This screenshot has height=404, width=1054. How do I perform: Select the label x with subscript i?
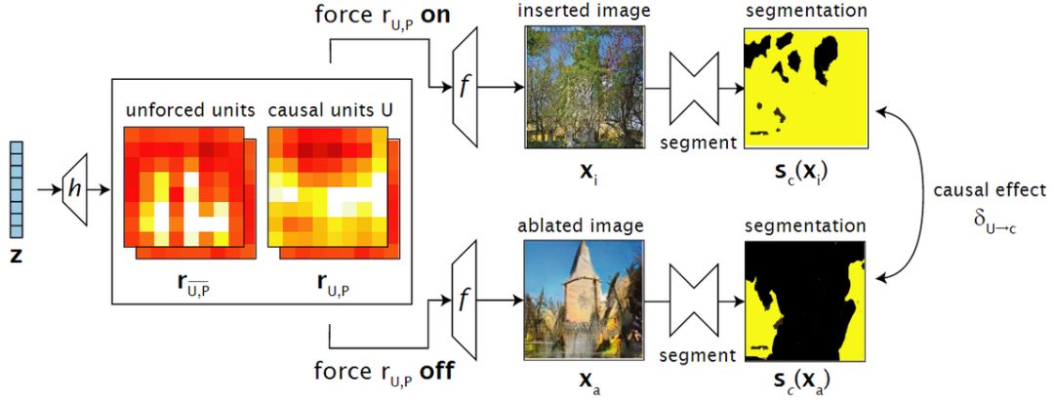[x=587, y=173]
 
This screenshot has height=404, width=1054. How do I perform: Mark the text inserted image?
[x=584, y=11]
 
